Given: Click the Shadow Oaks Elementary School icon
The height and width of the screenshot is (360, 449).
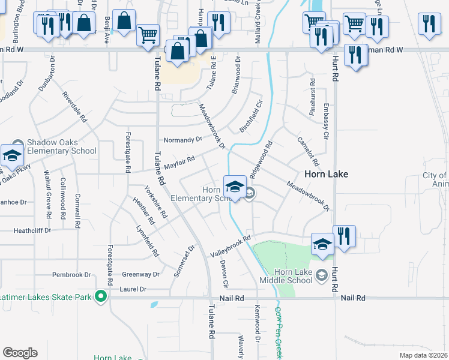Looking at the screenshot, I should (11, 155).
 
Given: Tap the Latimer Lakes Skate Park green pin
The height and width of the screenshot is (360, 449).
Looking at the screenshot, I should (101, 296).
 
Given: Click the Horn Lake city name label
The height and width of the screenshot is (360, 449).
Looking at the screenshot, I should (327, 174).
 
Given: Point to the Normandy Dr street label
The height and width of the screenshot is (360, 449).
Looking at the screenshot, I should (183, 139).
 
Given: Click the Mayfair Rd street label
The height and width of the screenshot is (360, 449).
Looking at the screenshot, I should (180, 162).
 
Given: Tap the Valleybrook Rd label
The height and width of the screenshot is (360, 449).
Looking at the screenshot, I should (230, 247).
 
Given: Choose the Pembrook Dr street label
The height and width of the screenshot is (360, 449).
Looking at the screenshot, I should (71, 275).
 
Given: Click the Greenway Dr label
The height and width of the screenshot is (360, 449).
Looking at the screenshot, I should (140, 275).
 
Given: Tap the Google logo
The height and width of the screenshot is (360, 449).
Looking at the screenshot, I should (20, 353).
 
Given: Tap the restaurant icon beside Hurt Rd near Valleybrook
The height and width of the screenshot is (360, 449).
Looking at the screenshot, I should (344, 235).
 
